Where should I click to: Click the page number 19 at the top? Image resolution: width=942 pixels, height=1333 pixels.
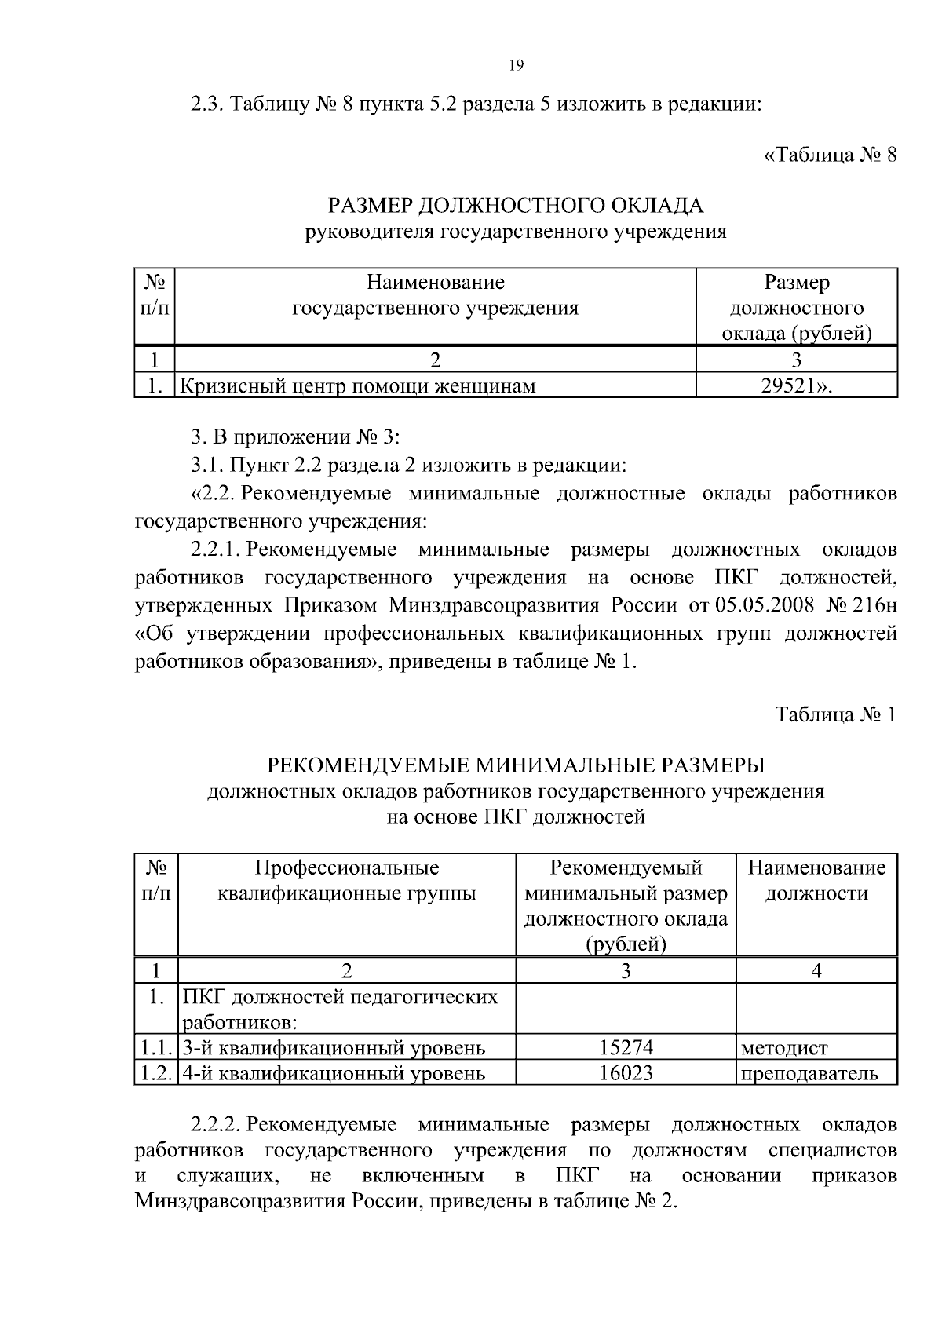(x=516, y=66)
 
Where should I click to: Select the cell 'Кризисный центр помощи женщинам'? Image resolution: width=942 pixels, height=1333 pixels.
(x=360, y=385)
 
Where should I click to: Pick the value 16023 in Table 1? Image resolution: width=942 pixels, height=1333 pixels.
(x=626, y=1072)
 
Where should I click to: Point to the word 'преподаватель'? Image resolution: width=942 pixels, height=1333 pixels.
(x=809, y=1073)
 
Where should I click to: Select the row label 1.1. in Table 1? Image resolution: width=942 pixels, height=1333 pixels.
(x=156, y=1047)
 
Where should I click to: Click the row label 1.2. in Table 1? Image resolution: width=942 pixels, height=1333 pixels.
(x=156, y=1073)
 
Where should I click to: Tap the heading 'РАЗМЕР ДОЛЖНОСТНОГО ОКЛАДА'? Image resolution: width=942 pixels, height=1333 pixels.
(x=516, y=206)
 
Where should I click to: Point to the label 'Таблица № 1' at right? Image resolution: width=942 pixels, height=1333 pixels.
(x=835, y=714)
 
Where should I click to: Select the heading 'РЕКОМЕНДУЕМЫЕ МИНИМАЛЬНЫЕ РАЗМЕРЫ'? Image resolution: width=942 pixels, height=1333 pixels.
(x=516, y=764)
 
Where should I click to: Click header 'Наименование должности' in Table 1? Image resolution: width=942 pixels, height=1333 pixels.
(x=816, y=880)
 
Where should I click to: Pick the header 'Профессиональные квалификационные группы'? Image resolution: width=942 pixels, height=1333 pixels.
(x=347, y=880)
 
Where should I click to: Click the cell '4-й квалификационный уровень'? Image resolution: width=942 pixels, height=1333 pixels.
(x=334, y=1073)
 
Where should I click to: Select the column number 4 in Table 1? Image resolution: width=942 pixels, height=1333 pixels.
(x=816, y=971)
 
